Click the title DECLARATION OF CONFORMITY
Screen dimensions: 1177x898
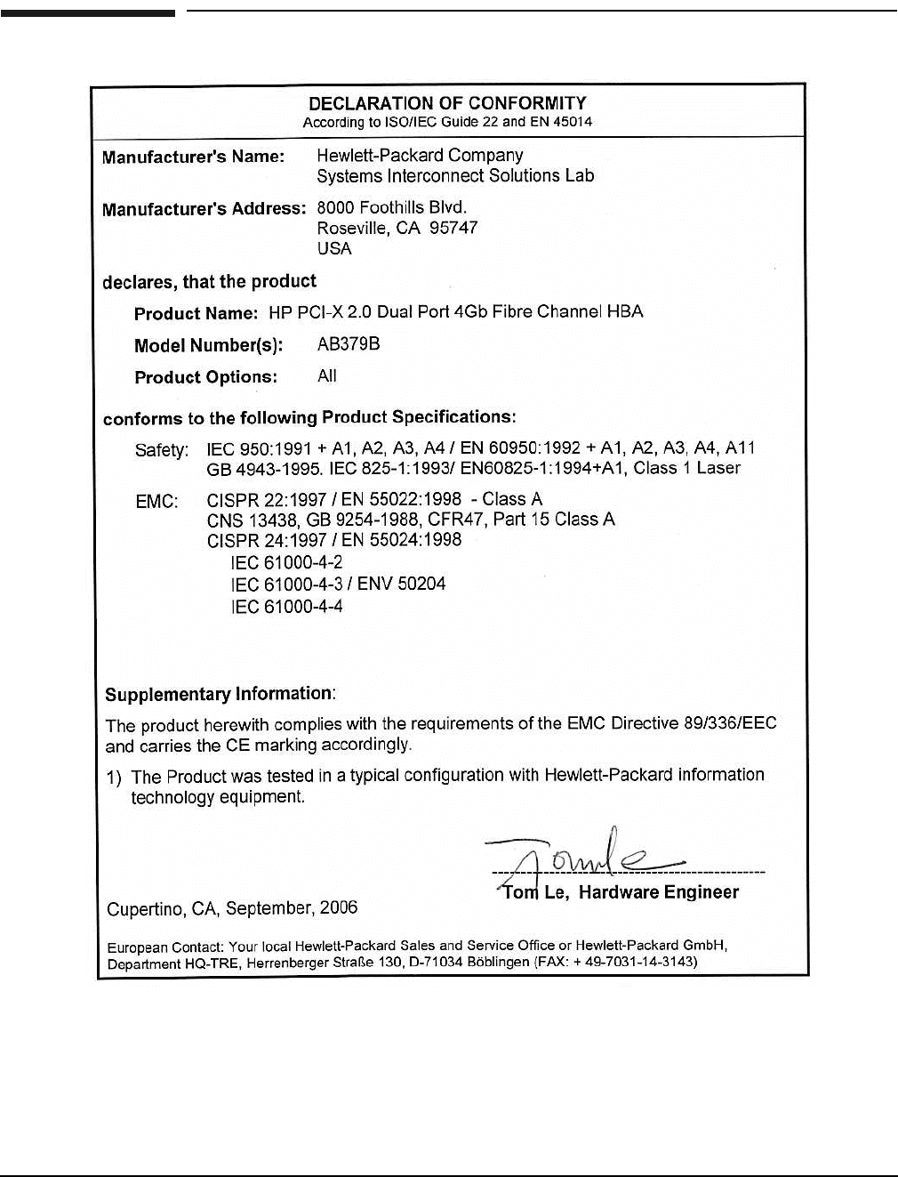(x=447, y=103)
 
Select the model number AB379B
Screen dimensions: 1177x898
(x=349, y=344)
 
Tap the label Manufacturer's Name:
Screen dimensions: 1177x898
(x=193, y=157)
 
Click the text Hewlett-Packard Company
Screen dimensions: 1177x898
(x=420, y=156)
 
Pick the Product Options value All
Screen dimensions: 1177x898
(x=327, y=376)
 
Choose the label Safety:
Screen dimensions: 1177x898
(x=162, y=450)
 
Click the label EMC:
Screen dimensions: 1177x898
(x=156, y=502)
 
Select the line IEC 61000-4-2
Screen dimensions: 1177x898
(x=286, y=562)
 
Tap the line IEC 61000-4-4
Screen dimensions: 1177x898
(x=286, y=607)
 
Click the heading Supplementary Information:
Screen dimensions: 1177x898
(x=220, y=694)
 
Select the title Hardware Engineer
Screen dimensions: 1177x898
(x=659, y=892)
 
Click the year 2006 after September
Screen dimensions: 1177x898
(x=339, y=907)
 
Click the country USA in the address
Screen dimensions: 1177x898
(x=334, y=249)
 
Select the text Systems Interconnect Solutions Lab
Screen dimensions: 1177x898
(x=455, y=176)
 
